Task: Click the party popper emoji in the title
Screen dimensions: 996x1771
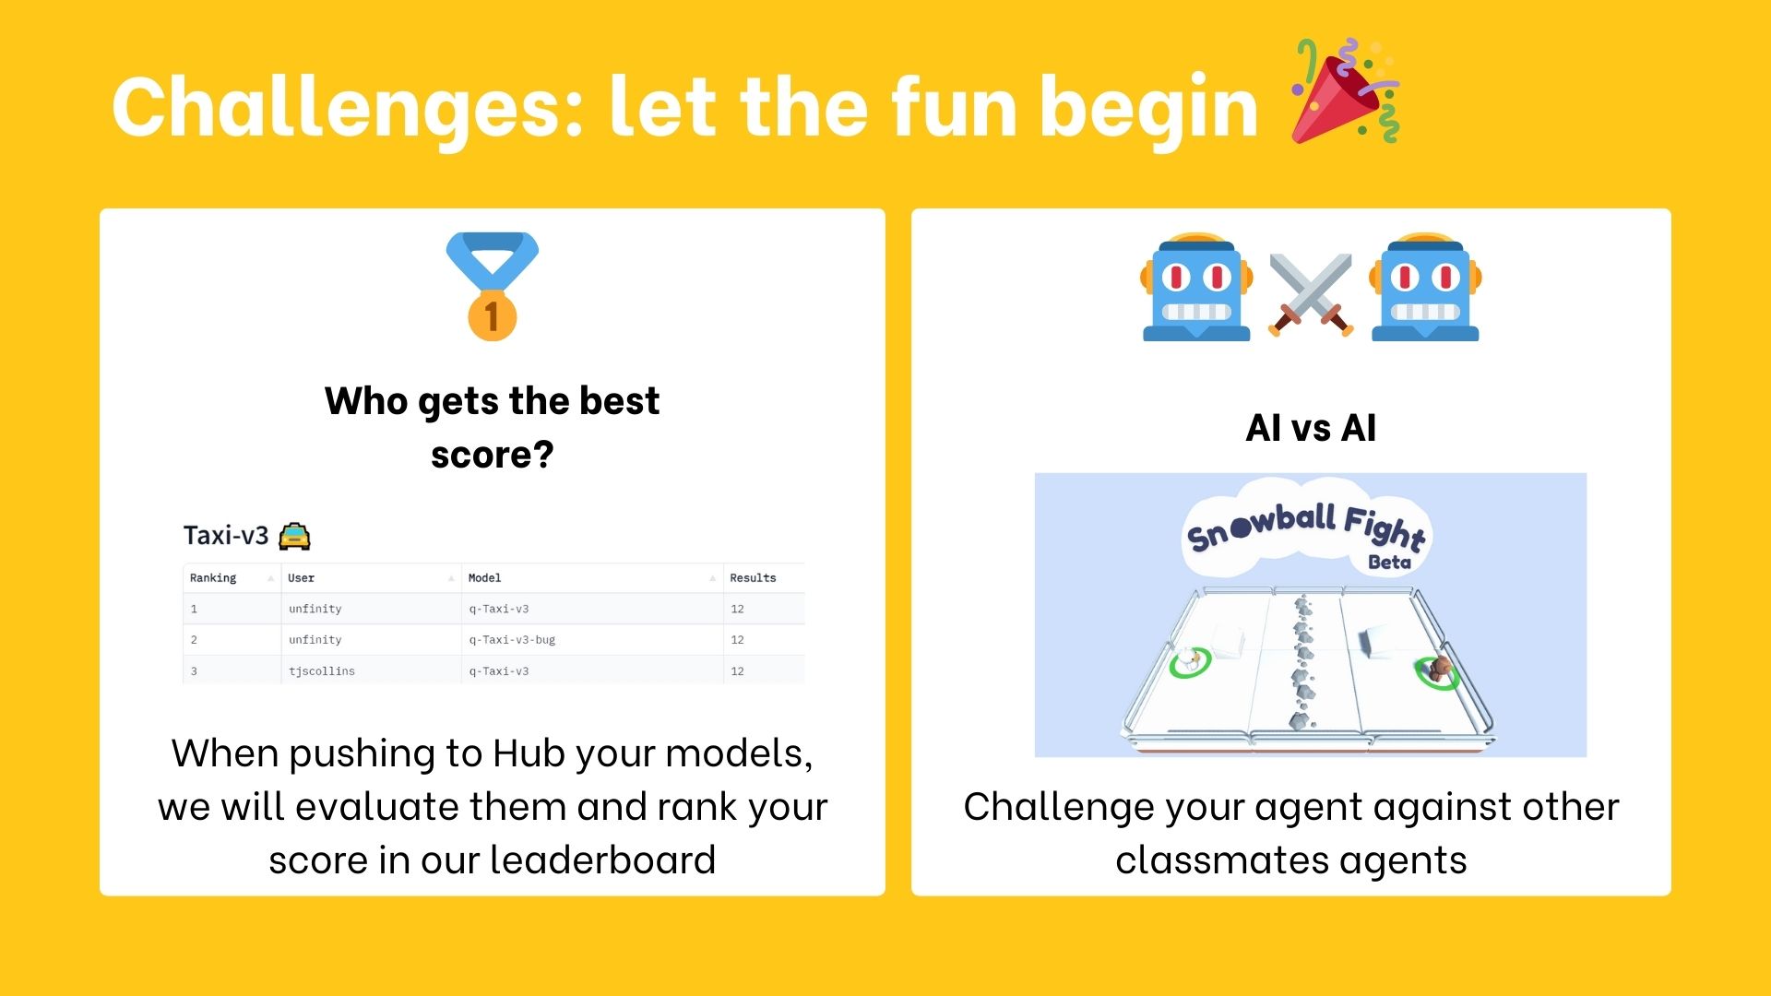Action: [1345, 92]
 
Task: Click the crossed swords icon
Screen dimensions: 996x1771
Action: [1311, 293]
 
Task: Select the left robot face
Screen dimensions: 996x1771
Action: [1196, 288]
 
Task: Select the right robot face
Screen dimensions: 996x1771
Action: [1425, 288]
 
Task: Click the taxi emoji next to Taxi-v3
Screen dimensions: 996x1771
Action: [294, 536]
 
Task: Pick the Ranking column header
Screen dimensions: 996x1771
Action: [213, 578]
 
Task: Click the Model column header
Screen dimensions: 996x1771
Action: [484, 578]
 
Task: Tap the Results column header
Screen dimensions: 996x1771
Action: [753, 578]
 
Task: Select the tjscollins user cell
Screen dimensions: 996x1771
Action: [321, 671]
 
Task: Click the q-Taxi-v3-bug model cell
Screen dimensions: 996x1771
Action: [512, 640]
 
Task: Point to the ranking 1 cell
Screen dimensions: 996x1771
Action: [194, 610]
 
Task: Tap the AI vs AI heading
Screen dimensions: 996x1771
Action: [1311, 428]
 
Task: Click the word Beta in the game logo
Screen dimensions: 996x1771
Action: [1389, 563]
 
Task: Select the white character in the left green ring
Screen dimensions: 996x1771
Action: [1193, 660]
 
